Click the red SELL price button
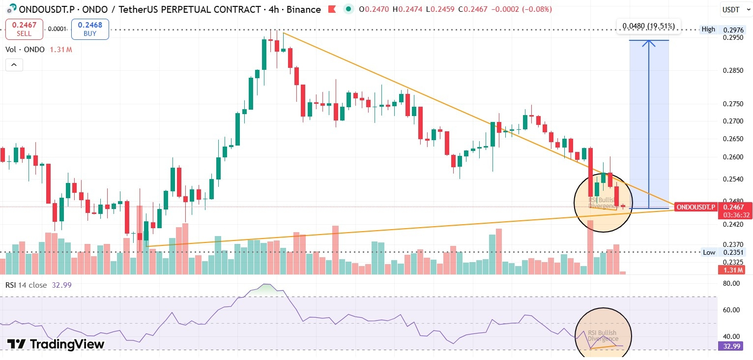point(24,29)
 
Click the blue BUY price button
point(90,29)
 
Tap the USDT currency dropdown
point(735,9)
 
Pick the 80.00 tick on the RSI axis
point(732,283)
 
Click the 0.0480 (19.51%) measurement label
point(649,26)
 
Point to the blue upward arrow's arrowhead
point(649,43)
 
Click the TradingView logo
point(56,344)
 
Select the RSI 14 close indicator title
point(27,285)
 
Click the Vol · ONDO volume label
point(25,50)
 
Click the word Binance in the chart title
point(304,9)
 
